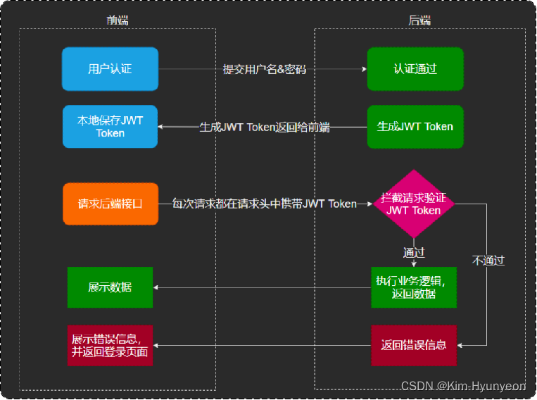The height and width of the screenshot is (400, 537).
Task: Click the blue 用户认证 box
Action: (110, 69)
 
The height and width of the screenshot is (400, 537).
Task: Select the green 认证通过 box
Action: (415, 69)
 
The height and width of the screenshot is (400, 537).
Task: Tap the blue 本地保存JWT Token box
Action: (110, 127)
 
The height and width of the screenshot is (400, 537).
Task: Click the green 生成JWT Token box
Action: (415, 127)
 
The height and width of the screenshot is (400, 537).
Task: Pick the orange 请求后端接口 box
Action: (110, 204)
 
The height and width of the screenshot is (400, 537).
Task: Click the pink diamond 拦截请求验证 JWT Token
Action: (414, 204)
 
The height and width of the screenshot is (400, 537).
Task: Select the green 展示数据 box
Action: (110, 287)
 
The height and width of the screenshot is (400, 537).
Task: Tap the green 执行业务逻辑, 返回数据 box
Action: (414, 287)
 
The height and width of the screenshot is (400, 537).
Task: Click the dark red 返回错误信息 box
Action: (414, 345)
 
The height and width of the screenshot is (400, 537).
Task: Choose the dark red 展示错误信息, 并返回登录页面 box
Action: (110, 345)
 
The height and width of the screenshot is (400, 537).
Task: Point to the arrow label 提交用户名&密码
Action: (265, 69)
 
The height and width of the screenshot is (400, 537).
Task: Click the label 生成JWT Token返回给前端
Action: (265, 127)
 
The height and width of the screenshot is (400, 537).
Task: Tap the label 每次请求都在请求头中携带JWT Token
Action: (265, 204)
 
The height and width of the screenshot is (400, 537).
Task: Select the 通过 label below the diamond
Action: (414, 252)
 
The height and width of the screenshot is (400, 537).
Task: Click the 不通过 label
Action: (488, 261)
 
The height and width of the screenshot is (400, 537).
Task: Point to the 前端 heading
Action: (118, 20)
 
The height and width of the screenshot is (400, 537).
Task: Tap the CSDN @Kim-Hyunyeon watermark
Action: (463, 386)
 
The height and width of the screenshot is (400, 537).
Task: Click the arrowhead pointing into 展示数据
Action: (156, 287)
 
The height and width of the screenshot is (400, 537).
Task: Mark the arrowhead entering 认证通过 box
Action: (364, 69)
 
